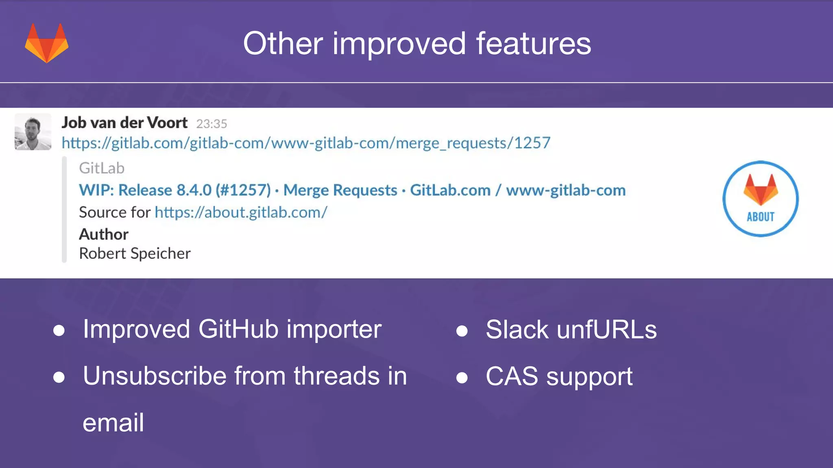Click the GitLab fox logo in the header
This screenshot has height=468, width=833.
pos(47,43)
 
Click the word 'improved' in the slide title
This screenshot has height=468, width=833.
pos(399,43)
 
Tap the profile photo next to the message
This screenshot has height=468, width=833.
pos(33,132)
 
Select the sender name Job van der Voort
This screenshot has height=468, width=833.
pos(124,123)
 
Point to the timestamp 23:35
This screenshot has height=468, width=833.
pos(212,123)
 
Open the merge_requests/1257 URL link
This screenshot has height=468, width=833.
pos(306,143)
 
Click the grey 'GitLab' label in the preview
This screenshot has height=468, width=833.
pos(102,168)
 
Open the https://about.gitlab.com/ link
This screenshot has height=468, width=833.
pos(241,212)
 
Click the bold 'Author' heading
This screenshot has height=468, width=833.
pos(104,234)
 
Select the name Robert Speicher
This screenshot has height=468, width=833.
pos(135,253)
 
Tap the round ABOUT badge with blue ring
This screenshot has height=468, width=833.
pos(760,199)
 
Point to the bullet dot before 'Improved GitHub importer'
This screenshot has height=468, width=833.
pos(59,330)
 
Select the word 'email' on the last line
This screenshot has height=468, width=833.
pos(113,423)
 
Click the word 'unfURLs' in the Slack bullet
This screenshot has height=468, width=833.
pos(606,329)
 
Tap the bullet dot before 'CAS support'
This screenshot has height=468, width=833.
pos(462,377)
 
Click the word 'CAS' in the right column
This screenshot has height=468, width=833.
pos(512,376)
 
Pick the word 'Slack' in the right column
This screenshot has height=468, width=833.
pos(517,329)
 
